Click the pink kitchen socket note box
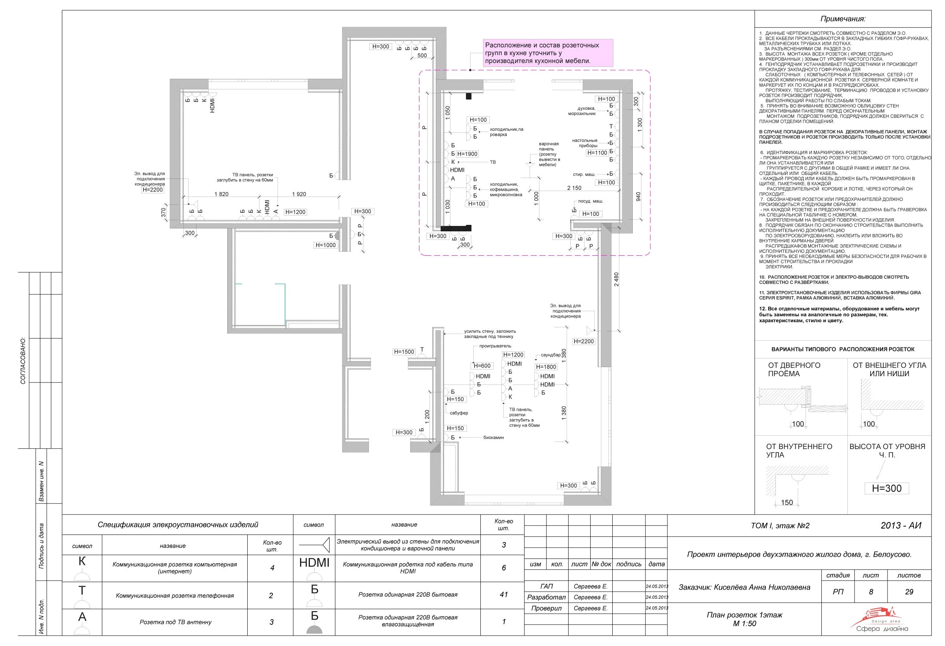pyautogui.click(x=548, y=53)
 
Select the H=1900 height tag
pyautogui.click(x=467, y=154)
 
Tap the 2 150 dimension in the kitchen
pyautogui.click(x=574, y=188)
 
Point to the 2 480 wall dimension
pyautogui.click(x=617, y=279)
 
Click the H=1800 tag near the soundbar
pyautogui.click(x=546, y=367)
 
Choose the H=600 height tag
pyautogui.click(x=482, y=366)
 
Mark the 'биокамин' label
pyautogui.click(x=494, y=437)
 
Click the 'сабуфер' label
pyautogui.click(x=459, y=413)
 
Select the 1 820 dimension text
pyautogui.click(x=221, y=194)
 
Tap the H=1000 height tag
pyautogui.click(x=326, y=245)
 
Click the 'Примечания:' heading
pyautogui.click(x=843, y=19)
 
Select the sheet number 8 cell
pyautogui.click(x=871, y=592)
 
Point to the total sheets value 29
pyautogui.click(x=909, y=592)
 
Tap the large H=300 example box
pyautogui.click(x=886, y=488)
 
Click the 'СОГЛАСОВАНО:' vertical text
pyautogui.click(x=23, y=360)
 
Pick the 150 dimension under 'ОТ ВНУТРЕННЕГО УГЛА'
pyautogui.click(x=787, y=502)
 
